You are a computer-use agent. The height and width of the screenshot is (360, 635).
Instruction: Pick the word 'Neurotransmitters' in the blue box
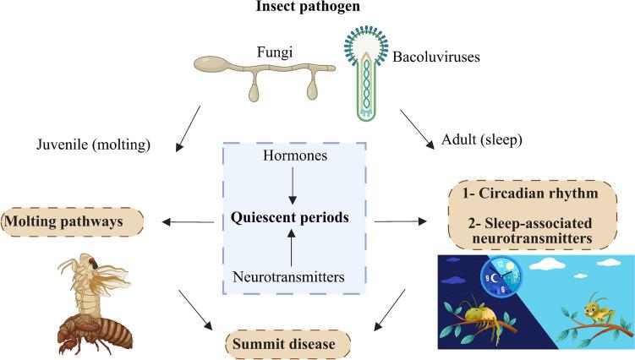290,276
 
